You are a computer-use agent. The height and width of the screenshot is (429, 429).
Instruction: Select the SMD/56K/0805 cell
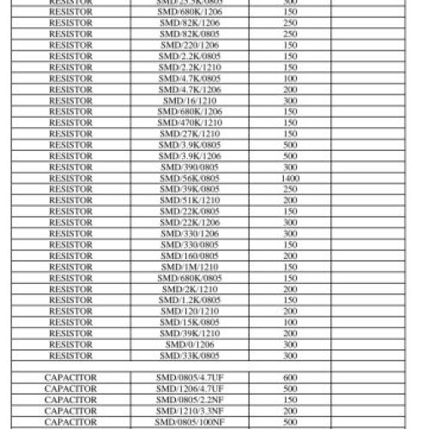[x=190, y=178]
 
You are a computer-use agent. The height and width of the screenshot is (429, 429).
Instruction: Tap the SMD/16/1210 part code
[x=190, y=100]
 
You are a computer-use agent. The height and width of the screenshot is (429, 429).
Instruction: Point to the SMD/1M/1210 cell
[x=190, y=266]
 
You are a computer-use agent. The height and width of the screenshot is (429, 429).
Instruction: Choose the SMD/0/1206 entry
[x=190, y=343]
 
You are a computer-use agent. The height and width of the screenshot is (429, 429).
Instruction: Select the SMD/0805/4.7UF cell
[x=190, y=377]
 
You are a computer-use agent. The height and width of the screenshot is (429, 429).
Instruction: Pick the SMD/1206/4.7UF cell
[x=190, y=388]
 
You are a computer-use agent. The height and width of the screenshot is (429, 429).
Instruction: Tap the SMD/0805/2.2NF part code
[x=190, y=399]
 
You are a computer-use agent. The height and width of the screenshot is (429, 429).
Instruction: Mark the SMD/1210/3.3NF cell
[x=190, y=410]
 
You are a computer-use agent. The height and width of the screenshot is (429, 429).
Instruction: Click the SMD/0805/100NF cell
[x=190, y=421]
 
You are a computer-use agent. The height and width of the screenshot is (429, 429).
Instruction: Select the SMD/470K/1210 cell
[x=190, y=123]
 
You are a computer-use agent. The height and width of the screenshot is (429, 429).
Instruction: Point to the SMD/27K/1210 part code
[x=190, y=134]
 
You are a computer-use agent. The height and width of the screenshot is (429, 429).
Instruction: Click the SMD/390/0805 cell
[x=190, y=166]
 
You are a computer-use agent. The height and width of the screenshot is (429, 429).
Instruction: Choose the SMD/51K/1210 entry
[x=190, y=200]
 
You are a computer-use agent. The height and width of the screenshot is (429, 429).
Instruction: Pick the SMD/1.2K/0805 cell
[x=190, y=299]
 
